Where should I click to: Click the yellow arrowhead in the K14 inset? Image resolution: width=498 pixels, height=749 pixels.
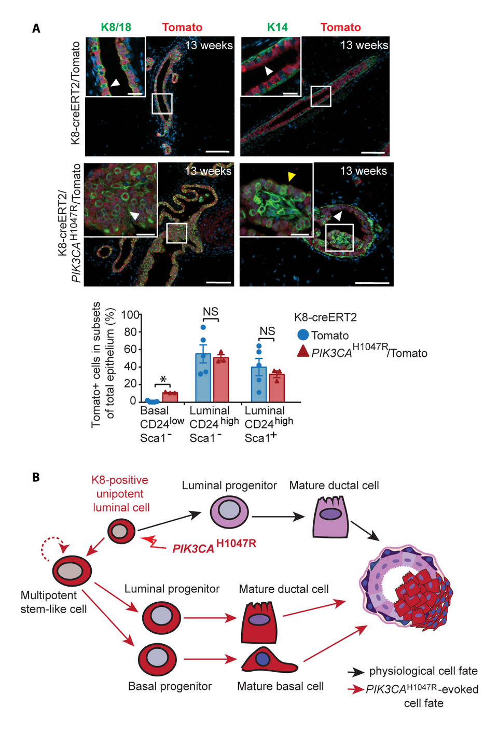point(292,177)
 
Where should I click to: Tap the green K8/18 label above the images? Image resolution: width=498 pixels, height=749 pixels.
point(116,27)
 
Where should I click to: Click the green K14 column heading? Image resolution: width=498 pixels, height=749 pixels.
point(277,27)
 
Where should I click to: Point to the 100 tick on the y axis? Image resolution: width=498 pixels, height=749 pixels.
point(130,315)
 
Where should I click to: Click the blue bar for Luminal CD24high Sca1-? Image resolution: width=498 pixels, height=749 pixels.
point(203,377)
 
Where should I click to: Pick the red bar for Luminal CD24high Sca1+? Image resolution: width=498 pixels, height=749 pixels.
point(276,387)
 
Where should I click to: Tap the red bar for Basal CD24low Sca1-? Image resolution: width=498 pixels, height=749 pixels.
point(170,397)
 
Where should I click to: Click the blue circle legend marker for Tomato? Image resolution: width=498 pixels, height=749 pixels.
point(303,335)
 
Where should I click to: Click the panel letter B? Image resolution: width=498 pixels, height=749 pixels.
point(36,477)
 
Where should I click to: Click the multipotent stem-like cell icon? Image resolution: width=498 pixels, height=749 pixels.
point(72,571)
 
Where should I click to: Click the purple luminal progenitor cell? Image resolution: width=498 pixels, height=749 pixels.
point(229,512)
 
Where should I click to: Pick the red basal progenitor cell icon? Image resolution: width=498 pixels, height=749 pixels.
point(157,659)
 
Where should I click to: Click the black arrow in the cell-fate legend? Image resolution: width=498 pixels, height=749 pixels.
point(355,672)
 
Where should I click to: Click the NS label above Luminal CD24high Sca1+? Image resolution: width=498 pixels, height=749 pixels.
point(267,331)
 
